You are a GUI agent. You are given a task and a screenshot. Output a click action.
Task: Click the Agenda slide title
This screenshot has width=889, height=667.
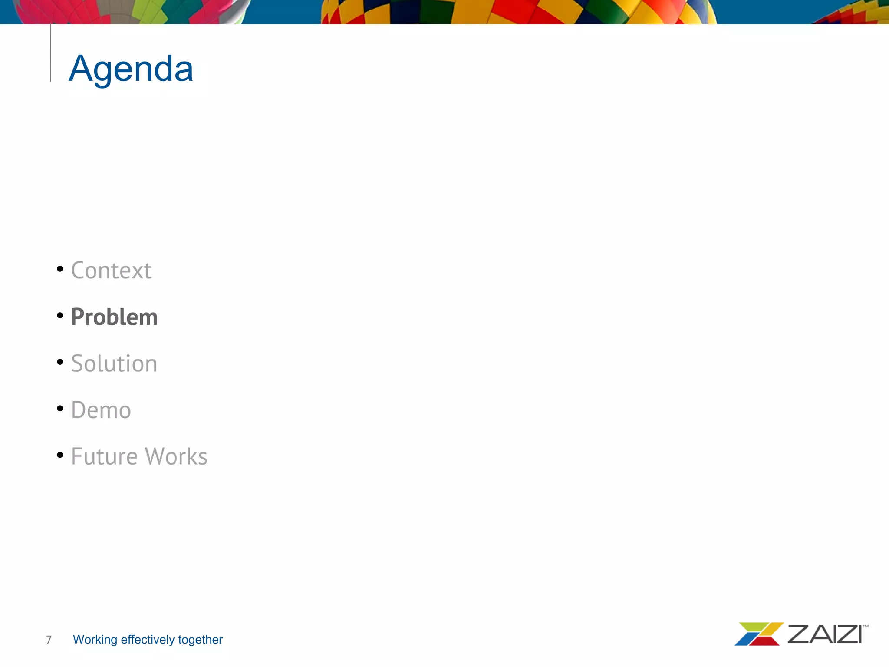click(x=131, y=69)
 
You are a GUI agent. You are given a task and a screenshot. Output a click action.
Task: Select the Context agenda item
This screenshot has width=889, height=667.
click(x=111, y=271)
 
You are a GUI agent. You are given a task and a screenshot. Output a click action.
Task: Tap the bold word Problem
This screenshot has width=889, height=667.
click(x=114, y=317)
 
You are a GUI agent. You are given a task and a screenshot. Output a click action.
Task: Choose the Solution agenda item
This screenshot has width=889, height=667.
click(x=114, y=363)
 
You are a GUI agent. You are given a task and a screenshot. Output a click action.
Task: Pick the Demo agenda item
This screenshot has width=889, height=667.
click(x=101, y=410)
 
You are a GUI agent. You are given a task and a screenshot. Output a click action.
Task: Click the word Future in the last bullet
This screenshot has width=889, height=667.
click(x=105, y=456)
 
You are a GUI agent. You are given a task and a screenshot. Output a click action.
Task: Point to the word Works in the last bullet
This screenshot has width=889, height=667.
click(x=176, y=456)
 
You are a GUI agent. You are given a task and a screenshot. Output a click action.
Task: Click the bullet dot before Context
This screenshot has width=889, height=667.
click(x=60, y=269)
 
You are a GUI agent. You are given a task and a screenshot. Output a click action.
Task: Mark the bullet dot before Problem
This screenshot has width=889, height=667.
click(x=60, y=315)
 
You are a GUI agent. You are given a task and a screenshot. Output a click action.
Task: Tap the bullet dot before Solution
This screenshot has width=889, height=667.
click(x=60, y=362)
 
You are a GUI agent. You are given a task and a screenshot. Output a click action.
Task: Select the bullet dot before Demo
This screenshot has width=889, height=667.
click(x=60, y=408)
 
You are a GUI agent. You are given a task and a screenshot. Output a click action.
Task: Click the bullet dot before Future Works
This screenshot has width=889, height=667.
click(x=60, y=455)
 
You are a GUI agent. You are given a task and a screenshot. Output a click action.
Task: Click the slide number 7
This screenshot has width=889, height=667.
click(x=49, y=640)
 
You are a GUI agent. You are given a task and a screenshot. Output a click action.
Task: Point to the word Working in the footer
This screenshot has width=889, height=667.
click(x=95, y=640)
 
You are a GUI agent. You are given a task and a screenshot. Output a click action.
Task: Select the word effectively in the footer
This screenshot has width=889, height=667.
click(x=148, y=639)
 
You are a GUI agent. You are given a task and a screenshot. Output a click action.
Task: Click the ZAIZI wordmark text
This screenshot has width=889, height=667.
click(x=824, y=634)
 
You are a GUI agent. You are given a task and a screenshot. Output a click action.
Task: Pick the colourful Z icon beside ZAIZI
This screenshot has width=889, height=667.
click(x=758, y=634)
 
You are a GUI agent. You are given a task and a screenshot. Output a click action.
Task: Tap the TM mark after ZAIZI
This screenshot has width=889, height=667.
click(x=866, y=626)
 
